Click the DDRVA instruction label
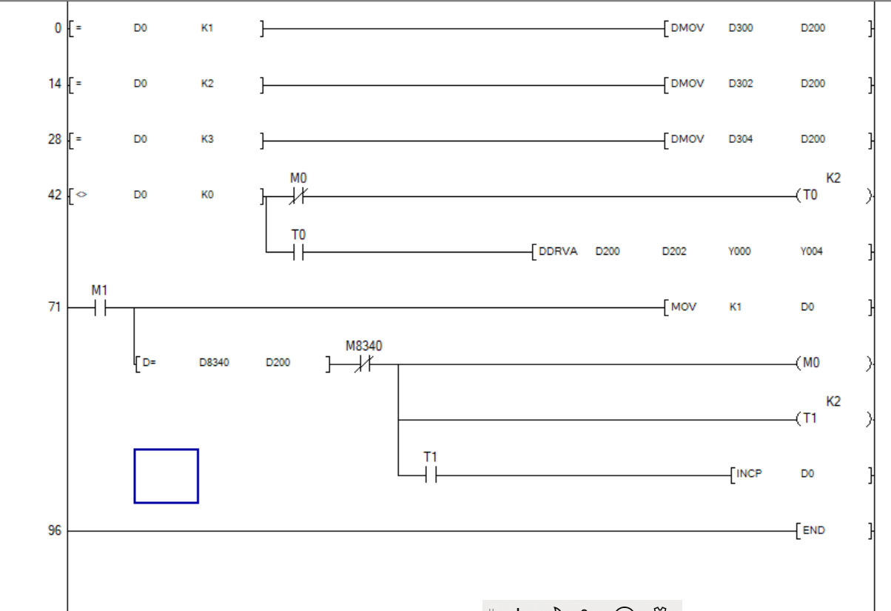pyautogui.click(x=558, y=251)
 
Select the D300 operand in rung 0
pyautogui.click(x=740, y=28)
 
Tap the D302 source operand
pyautogui.click(x=740, y=84)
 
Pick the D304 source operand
pyautogui.click(x=740, y=139)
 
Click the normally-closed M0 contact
pyautogui.click(x=298, y=197)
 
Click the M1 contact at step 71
pyautogui.click(x=99, y=308)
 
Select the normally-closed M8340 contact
pyautogui.click(x=363, y=364)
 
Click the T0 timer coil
pyautogui.click(x=810, y=196)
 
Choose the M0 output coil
pyautogui.click(x=810, y=363)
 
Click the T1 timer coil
pyautogui.click(x=810, y=418)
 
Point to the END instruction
pyautogui.click(x=813, y=530)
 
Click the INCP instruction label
pyautogui.click(x=749, y=474)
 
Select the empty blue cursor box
pyautogui.click(x=166, y=475)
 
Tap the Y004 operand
pyautogui.click(x=812, y=251)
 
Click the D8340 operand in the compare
pyautogui.click(x=214, y=363)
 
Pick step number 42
pyautogui.click(x=55, y=196)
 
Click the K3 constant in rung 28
pyautogui.click(x=207, y=139)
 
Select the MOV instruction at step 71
pyautogui.click(x=683, y=307)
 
